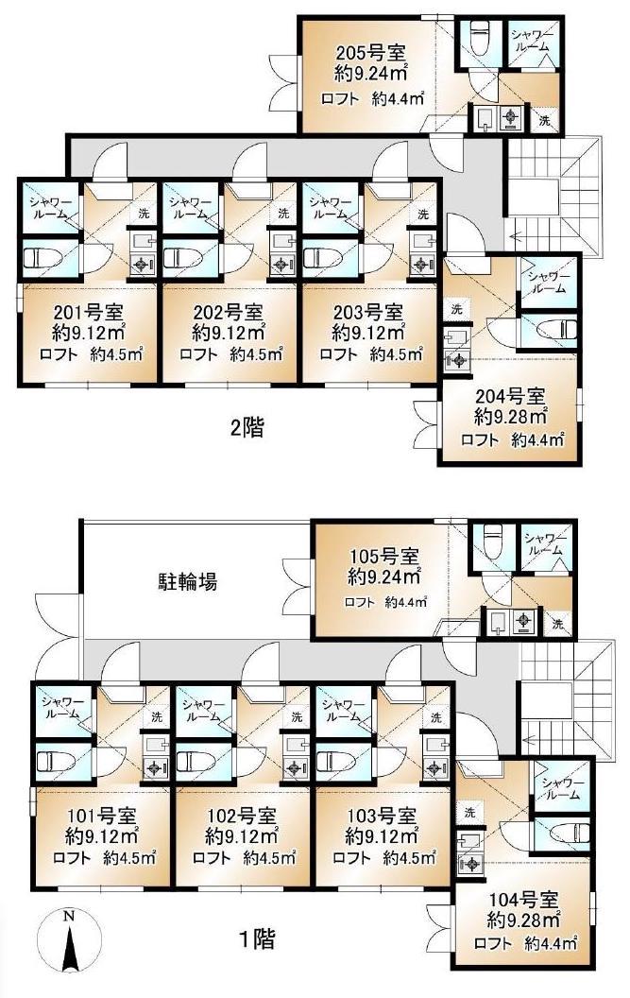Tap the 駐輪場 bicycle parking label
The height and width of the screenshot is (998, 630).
tap(187, 581)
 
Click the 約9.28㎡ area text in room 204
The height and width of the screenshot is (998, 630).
tap(511, 416)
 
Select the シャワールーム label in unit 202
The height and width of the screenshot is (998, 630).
tap(186, 207)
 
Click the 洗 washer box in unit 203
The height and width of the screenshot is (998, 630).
tap(422, 215)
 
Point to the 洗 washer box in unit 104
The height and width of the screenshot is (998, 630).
tap(468, 812)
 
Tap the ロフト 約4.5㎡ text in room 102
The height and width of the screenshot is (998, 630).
tap(244, 858)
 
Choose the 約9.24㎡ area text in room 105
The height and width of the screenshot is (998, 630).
tap(383, 576)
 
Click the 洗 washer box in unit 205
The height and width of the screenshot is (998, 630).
tap(544, 119)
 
